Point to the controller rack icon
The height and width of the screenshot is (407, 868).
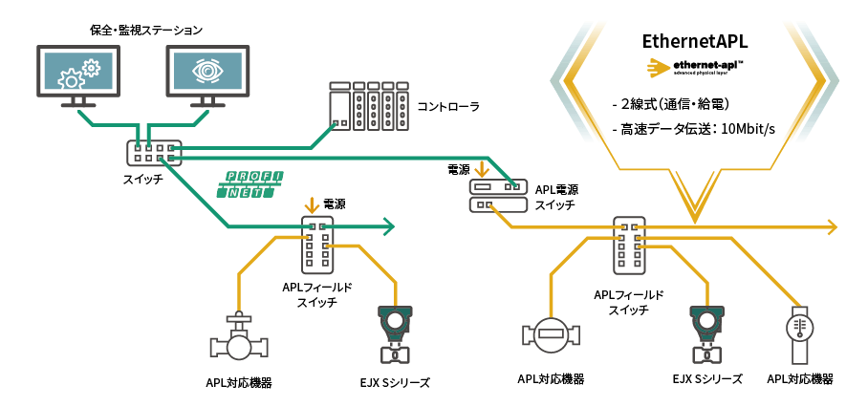click(x=360, y=104)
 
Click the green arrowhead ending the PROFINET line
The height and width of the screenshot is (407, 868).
click(x=388, y=226)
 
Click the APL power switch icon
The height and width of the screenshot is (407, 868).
click(x=497, y=196)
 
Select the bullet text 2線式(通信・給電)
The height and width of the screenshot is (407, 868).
click(x=671, y=104)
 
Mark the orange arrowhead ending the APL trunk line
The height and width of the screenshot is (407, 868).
click(x=833, y=226)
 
